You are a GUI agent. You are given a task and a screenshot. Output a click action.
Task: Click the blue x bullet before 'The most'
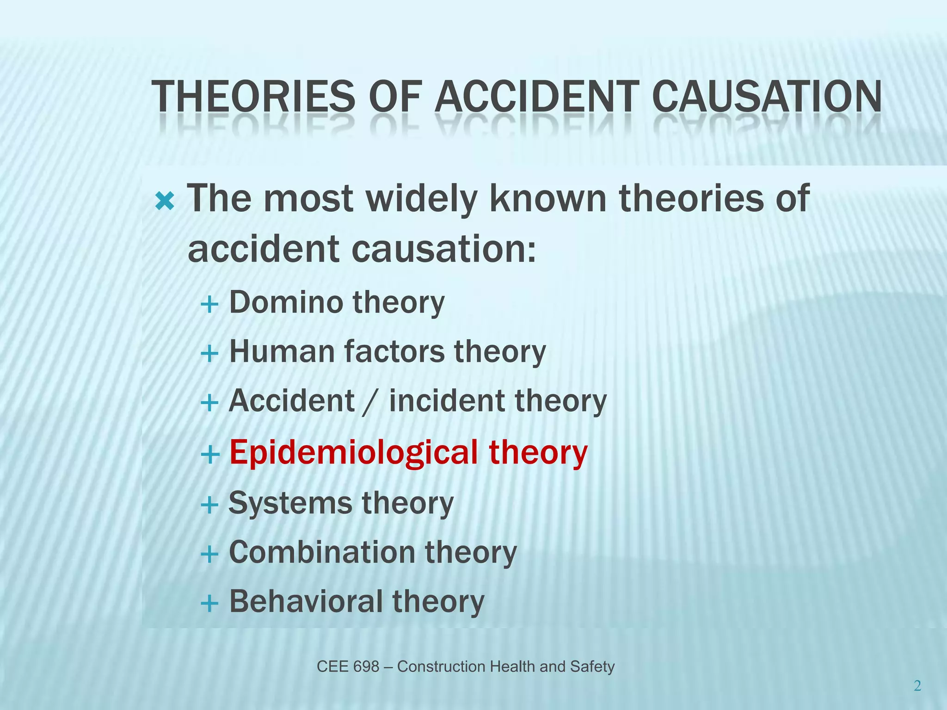click(165, 201)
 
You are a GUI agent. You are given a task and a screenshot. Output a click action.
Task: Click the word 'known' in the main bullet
click(547, 198)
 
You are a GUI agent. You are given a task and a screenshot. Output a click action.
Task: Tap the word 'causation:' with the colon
click(444, 249)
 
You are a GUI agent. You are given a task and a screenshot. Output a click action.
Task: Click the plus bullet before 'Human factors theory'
click(209, 354)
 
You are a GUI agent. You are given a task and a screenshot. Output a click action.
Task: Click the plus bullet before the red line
click(209, 455)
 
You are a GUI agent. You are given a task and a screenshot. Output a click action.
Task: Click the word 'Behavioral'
click(305, 601)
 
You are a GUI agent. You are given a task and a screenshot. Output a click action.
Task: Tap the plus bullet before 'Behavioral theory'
click(209, 604)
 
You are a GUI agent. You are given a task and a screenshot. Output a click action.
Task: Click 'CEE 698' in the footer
click(348, 667)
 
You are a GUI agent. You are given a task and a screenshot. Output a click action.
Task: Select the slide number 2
click(917, 686)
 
